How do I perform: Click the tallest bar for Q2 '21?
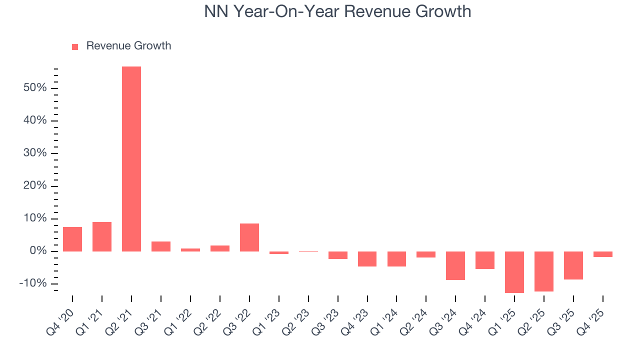(131, 159)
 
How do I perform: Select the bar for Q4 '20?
(72, 239)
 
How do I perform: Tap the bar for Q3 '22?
(249, 237)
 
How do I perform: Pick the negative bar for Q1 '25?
(514, 272)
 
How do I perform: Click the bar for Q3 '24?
(455, 265)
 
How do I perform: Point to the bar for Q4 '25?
(602, 254)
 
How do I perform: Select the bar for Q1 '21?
(102, 236)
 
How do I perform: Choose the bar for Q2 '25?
(543, 271)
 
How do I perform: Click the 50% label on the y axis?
(34, 88)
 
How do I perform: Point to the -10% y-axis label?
(33, 283)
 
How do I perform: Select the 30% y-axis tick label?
(34, 153)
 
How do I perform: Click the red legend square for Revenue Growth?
(75, 46)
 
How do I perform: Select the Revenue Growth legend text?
(128, 46)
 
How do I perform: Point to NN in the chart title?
(215, 11)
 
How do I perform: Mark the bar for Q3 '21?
(161, 246)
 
